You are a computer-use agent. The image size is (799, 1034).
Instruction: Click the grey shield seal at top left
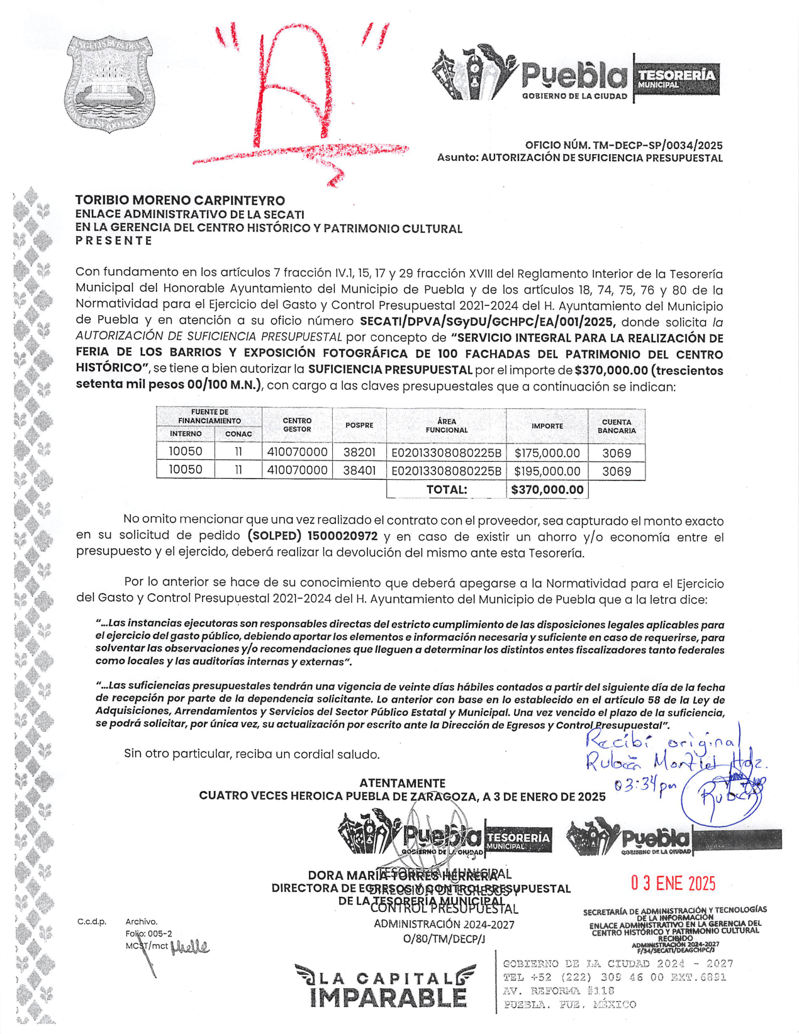(x=109, y=83)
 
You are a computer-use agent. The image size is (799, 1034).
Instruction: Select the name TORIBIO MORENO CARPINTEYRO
(x=180, y=201)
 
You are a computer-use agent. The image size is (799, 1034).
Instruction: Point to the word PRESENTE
(x=114, y=241)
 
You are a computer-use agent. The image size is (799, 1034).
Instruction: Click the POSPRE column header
(x=359, y=425)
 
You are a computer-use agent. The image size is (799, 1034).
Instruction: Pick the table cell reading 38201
(x=359, y=452)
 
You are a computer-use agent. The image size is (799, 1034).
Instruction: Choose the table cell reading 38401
(x=359, y=470)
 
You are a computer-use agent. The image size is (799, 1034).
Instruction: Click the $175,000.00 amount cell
(x=547, y=453)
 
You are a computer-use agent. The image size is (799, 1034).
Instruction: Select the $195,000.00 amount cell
(x=547, y=471)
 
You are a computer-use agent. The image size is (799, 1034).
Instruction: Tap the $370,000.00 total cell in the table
(x=547, y=489)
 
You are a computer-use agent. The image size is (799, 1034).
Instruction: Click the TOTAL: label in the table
(x=446, y=489)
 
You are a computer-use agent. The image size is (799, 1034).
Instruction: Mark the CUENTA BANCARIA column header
(x=617, y=426)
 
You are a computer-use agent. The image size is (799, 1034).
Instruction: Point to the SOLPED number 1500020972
(x=342, y=536)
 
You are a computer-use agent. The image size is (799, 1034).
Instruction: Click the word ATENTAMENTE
(x=402, y=783)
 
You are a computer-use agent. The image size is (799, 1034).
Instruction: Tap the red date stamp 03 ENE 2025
(x=673, y=883)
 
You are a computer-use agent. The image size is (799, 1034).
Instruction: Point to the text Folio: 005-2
(x=148, y=933)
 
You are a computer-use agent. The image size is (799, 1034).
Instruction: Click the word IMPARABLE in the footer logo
(x=388, y=998)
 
